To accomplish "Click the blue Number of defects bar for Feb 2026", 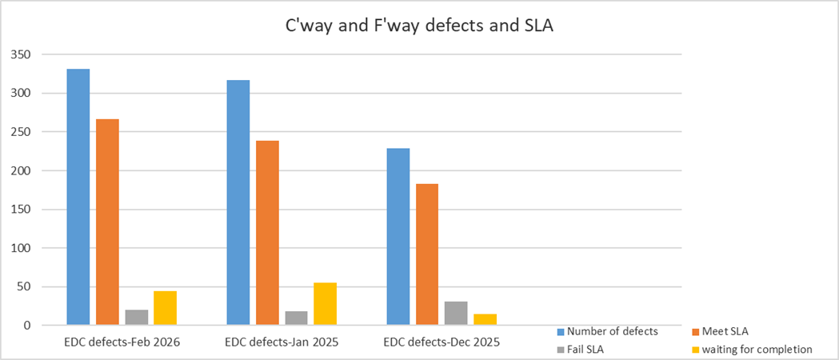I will point(78,197).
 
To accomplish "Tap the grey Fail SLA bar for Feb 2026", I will point(136,318).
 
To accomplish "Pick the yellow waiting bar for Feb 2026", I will point(165,308).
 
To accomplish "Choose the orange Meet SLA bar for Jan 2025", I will point(267,233).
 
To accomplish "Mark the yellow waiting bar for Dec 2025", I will point(485,320).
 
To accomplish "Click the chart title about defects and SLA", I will point(420,26).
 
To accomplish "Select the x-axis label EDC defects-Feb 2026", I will point(122,342).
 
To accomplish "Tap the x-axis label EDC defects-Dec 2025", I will point(441,342).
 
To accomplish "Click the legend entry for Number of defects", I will point(612,331).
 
